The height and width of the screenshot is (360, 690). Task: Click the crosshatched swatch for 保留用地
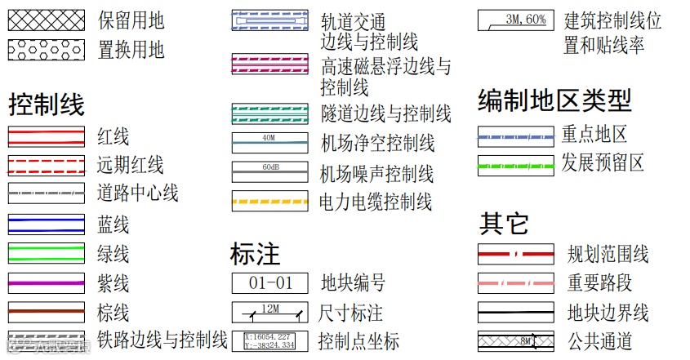tap(46, 20)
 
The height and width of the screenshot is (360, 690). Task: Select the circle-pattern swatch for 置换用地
tap(46, 50)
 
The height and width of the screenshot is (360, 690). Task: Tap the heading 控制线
tap(46, 104)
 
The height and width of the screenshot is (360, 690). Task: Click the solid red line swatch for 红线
tap(46, 136)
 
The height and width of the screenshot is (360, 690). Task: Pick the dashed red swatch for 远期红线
tap(46, 164)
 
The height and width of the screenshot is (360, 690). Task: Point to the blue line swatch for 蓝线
tap(46, 223)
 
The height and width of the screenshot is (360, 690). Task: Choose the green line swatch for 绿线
tap(46, 253)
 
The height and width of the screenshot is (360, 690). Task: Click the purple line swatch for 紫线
tap(46, 283)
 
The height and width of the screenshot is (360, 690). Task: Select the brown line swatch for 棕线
tap(46, 312)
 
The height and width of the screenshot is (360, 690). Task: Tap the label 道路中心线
tap(137, 193)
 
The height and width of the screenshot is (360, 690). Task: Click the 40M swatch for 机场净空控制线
tap(269, 143)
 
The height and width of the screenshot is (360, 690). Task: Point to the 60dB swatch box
tap(269, 171)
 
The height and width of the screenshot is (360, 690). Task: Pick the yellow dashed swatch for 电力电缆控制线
tap(269, 201)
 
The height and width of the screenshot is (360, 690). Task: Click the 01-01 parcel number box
tap(269, 283)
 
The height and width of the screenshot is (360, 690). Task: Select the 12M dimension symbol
tap(269, 312)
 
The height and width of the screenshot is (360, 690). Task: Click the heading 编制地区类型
tap(554, 101)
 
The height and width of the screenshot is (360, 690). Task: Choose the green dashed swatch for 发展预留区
tap(515, 165)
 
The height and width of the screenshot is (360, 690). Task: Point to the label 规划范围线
tap(608, 254)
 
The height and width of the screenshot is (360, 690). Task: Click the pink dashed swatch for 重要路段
tap(515, 283)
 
